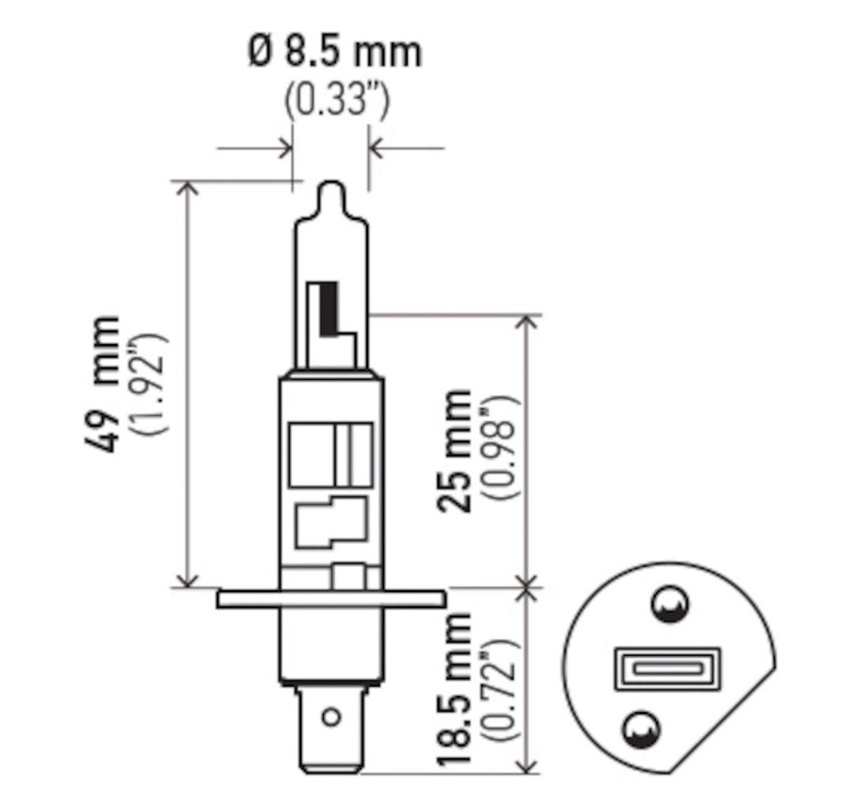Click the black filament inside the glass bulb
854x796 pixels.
(331, 310)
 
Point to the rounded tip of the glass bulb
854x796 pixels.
(331, 190)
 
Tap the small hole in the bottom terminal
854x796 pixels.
(332, 717)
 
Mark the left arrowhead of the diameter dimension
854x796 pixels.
(285, 147)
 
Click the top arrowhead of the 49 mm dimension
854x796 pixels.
(187, 187)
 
